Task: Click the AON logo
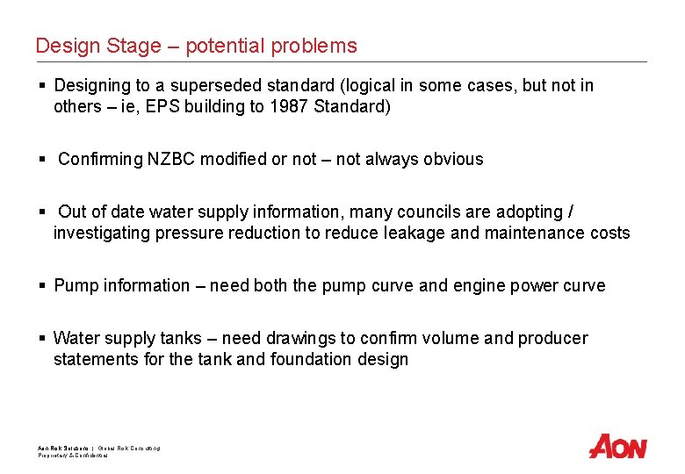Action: pyautogui.click(x=617, y=446)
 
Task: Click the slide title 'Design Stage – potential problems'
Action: pyautogui.click(x=196, y=46)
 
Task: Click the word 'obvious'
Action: pyautogui.click(x=453, y=159)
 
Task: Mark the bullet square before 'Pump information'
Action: pyautogui.click(x=42, y=285)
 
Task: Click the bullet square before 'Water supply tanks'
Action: pyautogui.click(x=42, y=338)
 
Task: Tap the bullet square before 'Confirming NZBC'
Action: pyautogui.click(x=42, y=159)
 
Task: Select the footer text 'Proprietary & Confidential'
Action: pyautogui.click(x=73, y=456)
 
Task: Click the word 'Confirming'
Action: pyautogui.click(x=100, y=159)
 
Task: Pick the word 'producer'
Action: pyautogui.click(x=553, y=338)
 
